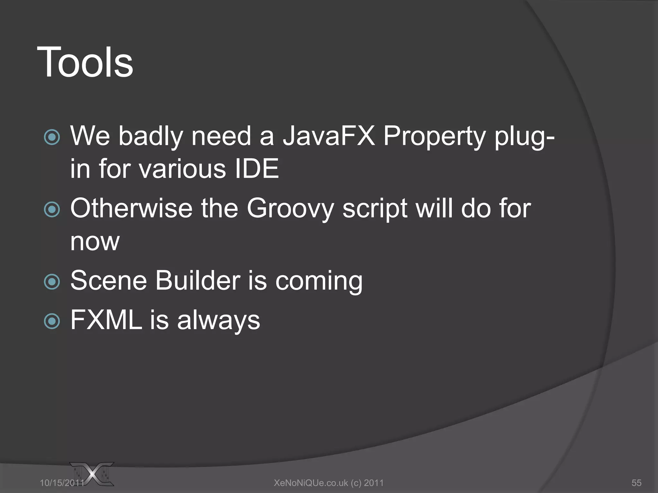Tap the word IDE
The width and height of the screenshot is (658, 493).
[256, 169]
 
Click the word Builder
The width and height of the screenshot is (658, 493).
[198, 281]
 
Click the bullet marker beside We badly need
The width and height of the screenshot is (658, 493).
[52, 137]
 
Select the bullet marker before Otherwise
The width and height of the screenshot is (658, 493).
[52, 210]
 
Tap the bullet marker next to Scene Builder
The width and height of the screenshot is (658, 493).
[52, 282]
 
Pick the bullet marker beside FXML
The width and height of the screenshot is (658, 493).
[52, 321]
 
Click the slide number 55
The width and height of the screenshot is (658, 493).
[636, 483]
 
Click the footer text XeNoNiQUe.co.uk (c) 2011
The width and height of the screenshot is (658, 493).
[329, 483]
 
